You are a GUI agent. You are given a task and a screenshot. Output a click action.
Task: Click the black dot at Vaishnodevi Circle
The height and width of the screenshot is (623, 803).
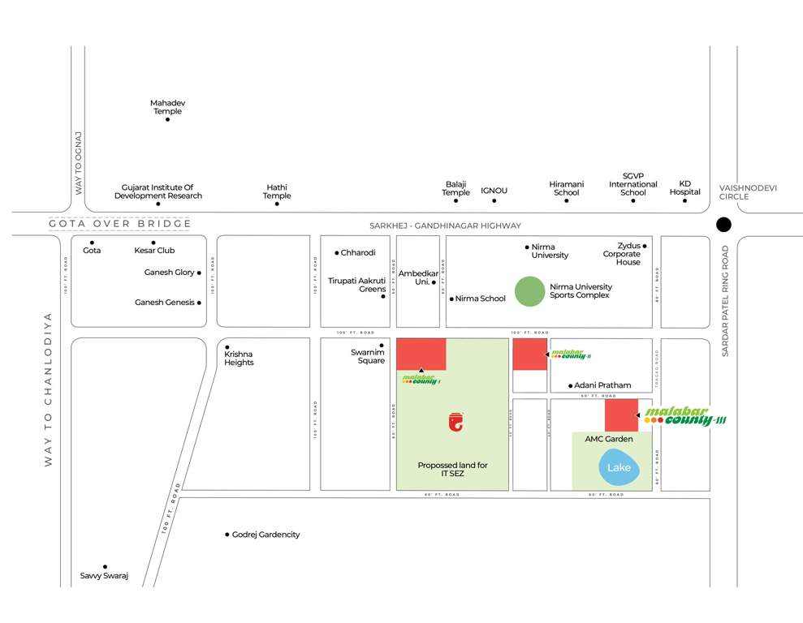pos(723,225)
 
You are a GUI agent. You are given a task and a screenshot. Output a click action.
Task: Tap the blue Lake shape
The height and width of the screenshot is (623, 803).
pos(620,468)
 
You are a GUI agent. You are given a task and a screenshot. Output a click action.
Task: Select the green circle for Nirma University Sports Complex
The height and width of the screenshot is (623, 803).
pos(529,291)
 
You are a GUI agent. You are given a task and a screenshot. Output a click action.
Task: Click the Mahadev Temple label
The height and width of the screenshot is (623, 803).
pos(167,107)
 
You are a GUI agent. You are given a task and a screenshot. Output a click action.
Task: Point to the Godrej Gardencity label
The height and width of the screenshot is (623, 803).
pos(266,535)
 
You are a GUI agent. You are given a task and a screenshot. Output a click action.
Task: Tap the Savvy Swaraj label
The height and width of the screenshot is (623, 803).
pos(104,576)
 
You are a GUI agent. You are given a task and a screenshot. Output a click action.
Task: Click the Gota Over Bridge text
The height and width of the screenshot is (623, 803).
pos(120,224)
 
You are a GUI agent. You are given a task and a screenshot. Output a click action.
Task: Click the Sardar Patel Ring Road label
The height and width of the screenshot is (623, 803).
pos(726,300)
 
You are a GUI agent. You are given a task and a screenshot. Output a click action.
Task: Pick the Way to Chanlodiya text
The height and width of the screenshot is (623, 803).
pos(48,389)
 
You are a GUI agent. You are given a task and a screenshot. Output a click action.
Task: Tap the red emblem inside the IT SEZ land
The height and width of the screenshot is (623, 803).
pos(456,421)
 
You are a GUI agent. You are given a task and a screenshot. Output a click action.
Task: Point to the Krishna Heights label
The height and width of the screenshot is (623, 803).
pos(240,358)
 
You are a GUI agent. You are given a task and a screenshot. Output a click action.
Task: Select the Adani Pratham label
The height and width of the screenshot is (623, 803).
pos(603,385)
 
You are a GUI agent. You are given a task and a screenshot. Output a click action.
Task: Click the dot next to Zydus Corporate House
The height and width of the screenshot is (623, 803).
pos(645,246)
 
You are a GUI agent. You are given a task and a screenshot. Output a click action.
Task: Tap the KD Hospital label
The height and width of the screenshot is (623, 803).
pos(684,187)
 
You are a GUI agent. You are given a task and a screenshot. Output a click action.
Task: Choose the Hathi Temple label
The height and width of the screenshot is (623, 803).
pos(277,191)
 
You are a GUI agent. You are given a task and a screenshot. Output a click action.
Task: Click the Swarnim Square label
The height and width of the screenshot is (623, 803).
pos(368,356)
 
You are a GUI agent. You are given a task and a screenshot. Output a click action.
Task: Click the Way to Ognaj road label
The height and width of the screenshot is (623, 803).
pos(79,163)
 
